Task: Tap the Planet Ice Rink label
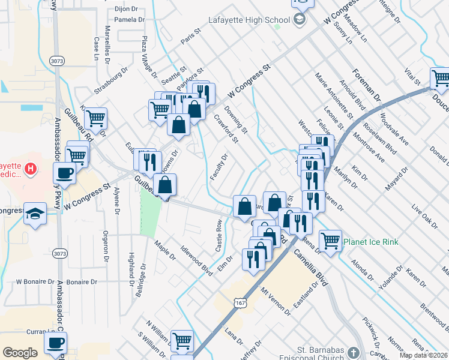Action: (x=370, y=242)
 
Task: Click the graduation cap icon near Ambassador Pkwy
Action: (x=35, y=213)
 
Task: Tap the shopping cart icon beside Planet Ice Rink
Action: (x=330, y=240)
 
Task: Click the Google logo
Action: (x=20, y=353)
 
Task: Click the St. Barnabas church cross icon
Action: (x=354, y=352)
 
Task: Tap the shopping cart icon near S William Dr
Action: (x=182, y=341)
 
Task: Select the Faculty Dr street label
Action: (x=220, y=167)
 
